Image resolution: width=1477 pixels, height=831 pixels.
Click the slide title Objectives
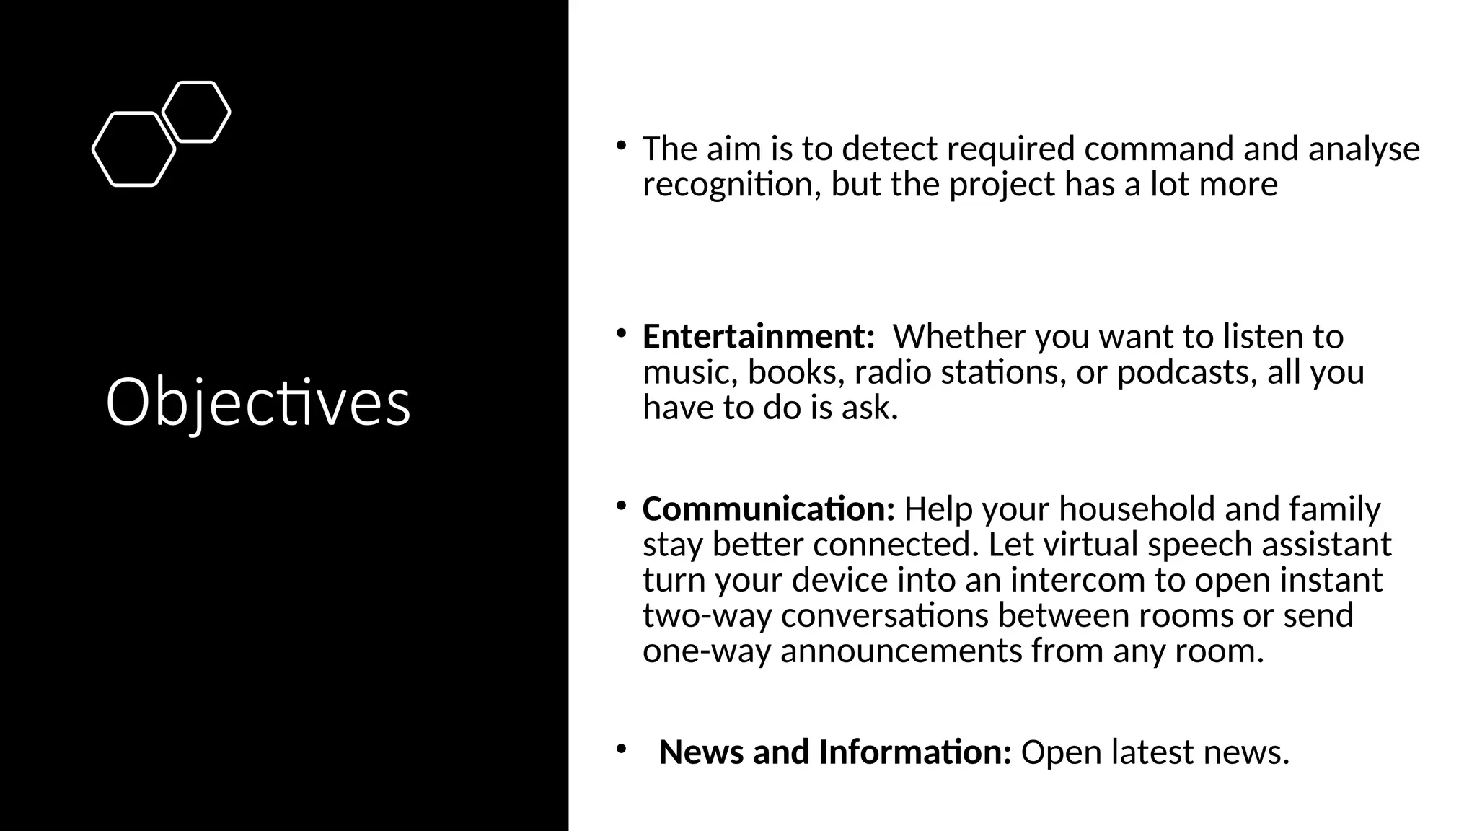pos(258,403)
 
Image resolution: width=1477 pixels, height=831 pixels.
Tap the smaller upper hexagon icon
pos(196,112)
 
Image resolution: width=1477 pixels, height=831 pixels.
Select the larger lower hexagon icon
pos(134,149)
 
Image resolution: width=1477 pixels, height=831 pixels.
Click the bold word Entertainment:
pos(758,337)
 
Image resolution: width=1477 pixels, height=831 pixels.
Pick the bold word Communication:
pos(768,509)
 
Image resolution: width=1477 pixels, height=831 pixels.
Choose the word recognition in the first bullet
pos(731,184)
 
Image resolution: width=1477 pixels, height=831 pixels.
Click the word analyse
pos(1364,149)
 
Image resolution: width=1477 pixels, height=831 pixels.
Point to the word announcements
pos(901,651)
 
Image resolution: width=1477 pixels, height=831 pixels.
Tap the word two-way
pos(707,615)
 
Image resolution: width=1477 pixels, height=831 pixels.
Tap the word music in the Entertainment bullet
pos(689,372)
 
